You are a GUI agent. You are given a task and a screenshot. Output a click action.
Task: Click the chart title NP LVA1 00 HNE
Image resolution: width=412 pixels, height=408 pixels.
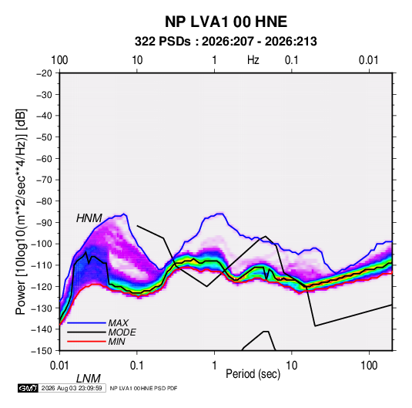pyautogui.click(x=226, y=22)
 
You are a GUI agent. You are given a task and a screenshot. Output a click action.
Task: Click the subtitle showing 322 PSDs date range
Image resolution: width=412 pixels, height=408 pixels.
pyautogui.click(x=226, y=42)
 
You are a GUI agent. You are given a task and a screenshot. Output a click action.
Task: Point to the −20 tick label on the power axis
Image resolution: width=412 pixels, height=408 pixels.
pyautogui.click(x=44, y=73)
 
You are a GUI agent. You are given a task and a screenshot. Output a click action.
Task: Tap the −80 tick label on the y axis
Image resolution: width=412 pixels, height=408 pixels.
pyautogui.click(x=44, y=201)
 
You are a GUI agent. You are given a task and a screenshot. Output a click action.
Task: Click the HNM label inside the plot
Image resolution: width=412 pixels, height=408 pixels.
pyautogui.click(x=89, y=218)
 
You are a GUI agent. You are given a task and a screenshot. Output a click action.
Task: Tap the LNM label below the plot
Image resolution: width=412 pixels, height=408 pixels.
pyautogui.click(x=89, y=379)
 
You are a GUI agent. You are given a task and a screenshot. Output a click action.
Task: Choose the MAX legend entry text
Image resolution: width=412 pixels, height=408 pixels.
pyautogui.click(x=119, y=322)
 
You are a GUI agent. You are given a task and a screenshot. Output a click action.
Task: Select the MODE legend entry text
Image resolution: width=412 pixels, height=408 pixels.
pyautogui.click(x=122, y=332)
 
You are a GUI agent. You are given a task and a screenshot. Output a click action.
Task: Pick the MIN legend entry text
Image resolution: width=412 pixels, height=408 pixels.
pyautogui.click(x=116, y=342)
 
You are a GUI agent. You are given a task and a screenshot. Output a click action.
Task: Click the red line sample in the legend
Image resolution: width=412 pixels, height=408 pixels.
pyautogui.click(x=86, y=342)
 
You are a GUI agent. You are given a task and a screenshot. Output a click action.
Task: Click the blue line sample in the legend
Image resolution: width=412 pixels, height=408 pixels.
pyautogui.click(x=86, y=322)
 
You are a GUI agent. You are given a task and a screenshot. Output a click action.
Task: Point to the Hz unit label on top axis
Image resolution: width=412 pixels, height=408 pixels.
pyautogui.click(x=253, y=60)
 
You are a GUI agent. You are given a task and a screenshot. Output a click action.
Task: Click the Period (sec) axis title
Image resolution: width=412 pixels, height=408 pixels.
pyautogui.click(x=253, y=374)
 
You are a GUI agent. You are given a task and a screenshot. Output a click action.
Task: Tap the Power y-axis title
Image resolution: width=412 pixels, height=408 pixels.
pyautogui.click(x=21, y=211)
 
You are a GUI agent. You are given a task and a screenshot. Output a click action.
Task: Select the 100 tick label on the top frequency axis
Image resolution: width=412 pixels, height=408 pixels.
pyautogui.click(x=59, y=60)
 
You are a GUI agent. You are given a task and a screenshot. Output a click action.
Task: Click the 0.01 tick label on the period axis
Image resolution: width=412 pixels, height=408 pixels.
pyautogui.click(x=59, y=366)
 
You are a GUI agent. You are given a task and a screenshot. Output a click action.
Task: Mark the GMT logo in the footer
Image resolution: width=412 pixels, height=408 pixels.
pyautogui.click(x=28, y=388)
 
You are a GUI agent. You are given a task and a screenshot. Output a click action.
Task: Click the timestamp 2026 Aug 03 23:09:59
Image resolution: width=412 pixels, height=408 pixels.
pyautogui.click(x=72, y=388)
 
